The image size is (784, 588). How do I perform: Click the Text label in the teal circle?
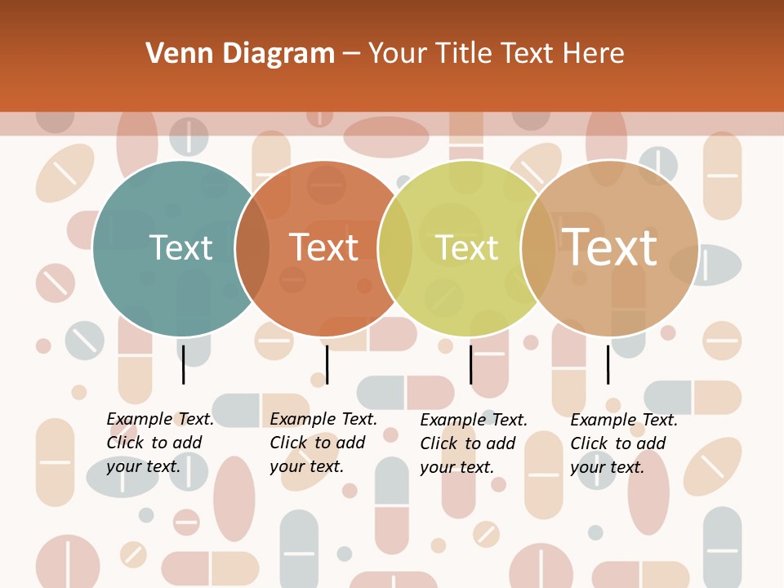[180, 248]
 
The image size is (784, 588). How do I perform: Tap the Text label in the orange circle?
[324, 248]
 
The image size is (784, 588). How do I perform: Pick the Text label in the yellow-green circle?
[467, 248]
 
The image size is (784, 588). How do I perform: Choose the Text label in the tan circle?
[610, 247]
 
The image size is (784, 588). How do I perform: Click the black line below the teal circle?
[184, 364]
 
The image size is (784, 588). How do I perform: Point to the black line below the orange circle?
[327, 364]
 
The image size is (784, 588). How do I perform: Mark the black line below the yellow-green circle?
[470, 364]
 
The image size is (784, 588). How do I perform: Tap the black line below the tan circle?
[608, 364]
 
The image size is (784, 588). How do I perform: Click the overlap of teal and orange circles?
[252, 248]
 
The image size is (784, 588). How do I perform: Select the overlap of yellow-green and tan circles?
[538, 248]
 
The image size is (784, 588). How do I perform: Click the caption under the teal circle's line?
[160, 443]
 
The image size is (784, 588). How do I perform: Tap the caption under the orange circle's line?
[323, 443]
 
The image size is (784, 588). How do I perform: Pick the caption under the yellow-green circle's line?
[474, 443]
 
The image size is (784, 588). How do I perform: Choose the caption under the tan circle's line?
[624, 443]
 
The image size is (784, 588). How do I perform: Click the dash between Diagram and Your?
[351, 54]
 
